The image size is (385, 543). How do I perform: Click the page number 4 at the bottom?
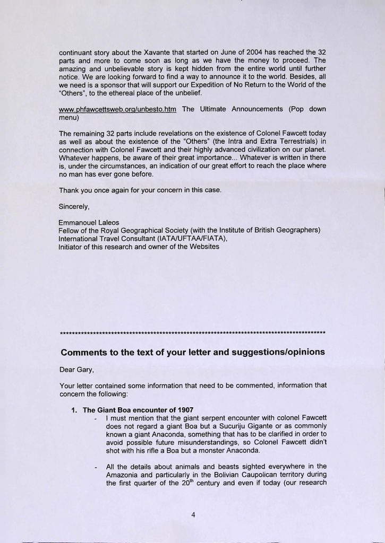click(194, 513)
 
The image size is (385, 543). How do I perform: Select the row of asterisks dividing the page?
click(193, 333)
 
